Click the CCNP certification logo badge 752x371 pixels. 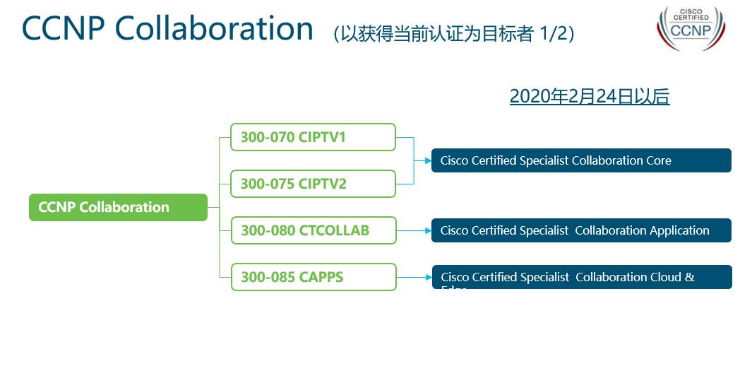point(691,28)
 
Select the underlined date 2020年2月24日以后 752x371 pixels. point(589,97)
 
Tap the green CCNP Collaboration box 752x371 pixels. point(118,207)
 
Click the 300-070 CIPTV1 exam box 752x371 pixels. point(313,137)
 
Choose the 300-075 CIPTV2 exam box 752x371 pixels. point(313,184)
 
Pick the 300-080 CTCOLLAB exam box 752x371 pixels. point(314,230)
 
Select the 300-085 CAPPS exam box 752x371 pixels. point(314,277)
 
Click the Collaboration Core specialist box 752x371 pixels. point(581,160)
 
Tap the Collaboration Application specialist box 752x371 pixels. point(581,230)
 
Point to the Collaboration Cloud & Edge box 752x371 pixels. point(581,277)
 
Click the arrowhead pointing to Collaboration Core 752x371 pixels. point(427,160)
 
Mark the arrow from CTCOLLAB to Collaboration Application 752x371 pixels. point(414,230)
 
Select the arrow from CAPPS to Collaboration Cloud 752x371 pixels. point(414,277)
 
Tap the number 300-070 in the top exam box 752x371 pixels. point(267,137)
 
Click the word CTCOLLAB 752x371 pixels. point(333,230)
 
